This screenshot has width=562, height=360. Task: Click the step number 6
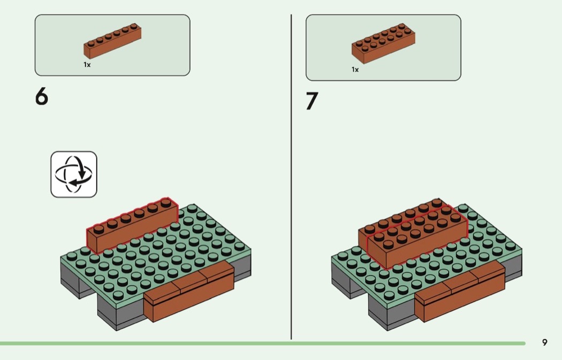click(41, 96)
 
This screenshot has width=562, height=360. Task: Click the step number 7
click(312, 101)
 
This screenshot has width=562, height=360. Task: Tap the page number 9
click(544, 343)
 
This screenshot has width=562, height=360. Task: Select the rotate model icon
click(74, 174)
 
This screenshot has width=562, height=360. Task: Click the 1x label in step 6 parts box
click(87, 64)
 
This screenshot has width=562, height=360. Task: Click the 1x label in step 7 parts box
click(355, 70)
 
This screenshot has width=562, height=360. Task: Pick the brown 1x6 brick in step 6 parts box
click(112, 42)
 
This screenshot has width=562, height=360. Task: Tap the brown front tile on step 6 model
click(190, 292)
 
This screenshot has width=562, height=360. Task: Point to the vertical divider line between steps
click(291, 177)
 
